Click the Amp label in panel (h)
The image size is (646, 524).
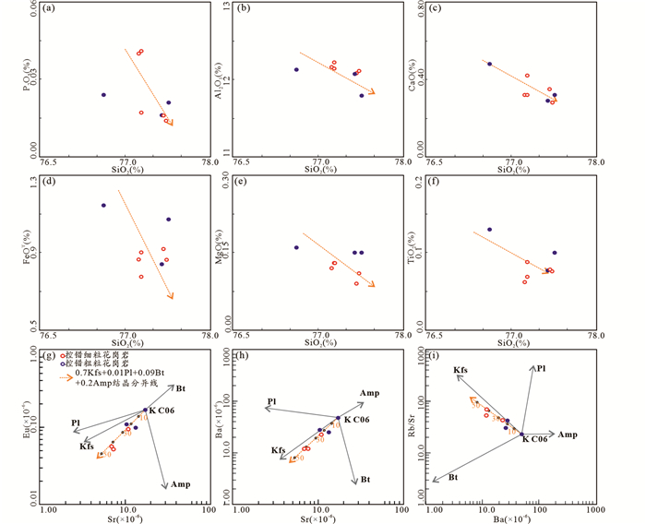(x=369, y=393)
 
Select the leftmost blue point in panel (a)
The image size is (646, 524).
(x=103, y=94)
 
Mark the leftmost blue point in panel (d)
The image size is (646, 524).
(x=103, y=205)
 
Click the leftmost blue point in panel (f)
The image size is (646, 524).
(x=490, y=230)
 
